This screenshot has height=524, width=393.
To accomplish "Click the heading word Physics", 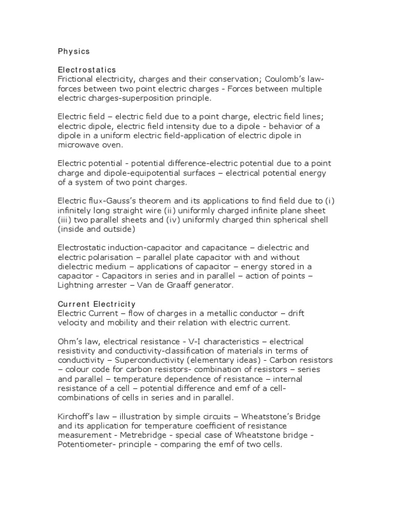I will point(74,51).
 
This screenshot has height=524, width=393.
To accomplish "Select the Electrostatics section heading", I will point(86,70).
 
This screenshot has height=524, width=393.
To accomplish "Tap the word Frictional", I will point(74,79).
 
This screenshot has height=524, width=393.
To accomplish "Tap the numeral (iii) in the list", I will point(64,220).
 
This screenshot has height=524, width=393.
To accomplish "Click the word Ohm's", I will point(69,341).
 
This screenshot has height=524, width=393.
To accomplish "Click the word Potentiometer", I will point(85,444).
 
